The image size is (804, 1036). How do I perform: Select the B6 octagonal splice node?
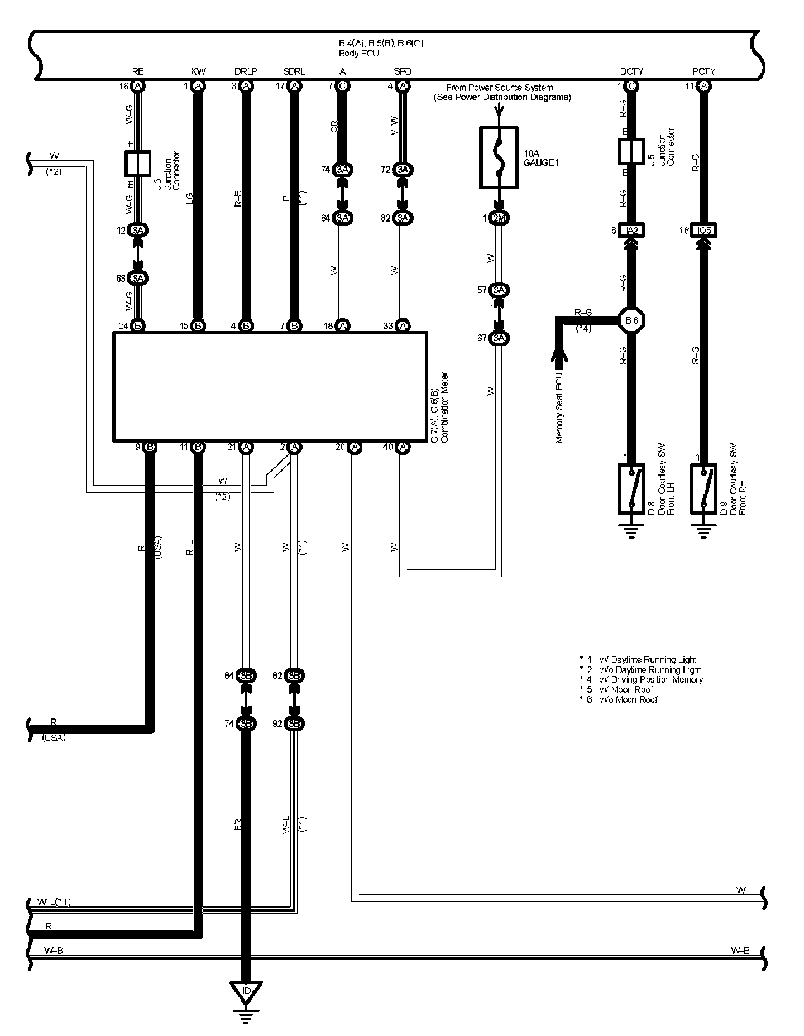coord(631,320)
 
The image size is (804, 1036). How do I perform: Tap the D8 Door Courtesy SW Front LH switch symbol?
coord(631,488)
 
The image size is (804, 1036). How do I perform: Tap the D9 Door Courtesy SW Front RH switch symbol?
coord(703,488)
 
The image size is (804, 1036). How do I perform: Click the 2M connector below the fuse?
coord(499,218)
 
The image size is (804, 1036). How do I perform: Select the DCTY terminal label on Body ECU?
coord(631,71)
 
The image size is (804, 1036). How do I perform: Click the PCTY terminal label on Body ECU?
coord(703,71)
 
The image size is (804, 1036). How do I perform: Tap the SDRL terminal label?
coord(294,71)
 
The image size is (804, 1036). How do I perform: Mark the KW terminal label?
coord(198,71)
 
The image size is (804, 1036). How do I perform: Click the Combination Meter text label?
coord(444,407)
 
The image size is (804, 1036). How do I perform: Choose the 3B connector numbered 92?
coord(294,723)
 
